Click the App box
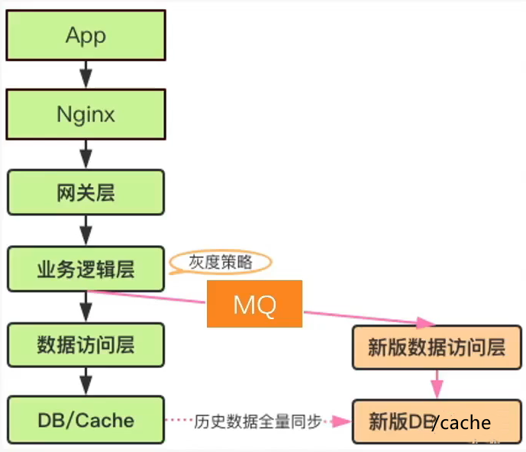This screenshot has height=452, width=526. (x=86, y=35)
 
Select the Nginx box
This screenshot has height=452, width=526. (x=86, y=115)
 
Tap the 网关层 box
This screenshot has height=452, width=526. (x=86, y=192)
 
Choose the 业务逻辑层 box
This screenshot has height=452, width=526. (x=86, y=268)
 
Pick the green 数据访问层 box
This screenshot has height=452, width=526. (x=86, y=344)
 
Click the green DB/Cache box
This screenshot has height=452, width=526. (x=86, y=420)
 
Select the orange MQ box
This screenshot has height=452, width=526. (x=255, y=305)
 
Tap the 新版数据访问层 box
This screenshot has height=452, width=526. (x=437, y=347)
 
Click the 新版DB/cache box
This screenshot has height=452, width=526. (x=437, y=421)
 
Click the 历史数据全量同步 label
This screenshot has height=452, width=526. (x=259, y=421)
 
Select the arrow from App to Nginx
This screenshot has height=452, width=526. (x=86, y=74)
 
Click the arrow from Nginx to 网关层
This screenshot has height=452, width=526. (x=86, y=153)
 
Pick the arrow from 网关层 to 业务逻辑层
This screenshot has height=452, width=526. (x=86, y=230)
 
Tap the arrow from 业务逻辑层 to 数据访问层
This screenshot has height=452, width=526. (x=86, y=306)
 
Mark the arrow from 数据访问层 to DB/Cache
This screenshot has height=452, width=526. (x=86, y=382)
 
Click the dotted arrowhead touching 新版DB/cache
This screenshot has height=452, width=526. (x=344, y=421)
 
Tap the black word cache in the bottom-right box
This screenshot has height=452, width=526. (x=466, y=422)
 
